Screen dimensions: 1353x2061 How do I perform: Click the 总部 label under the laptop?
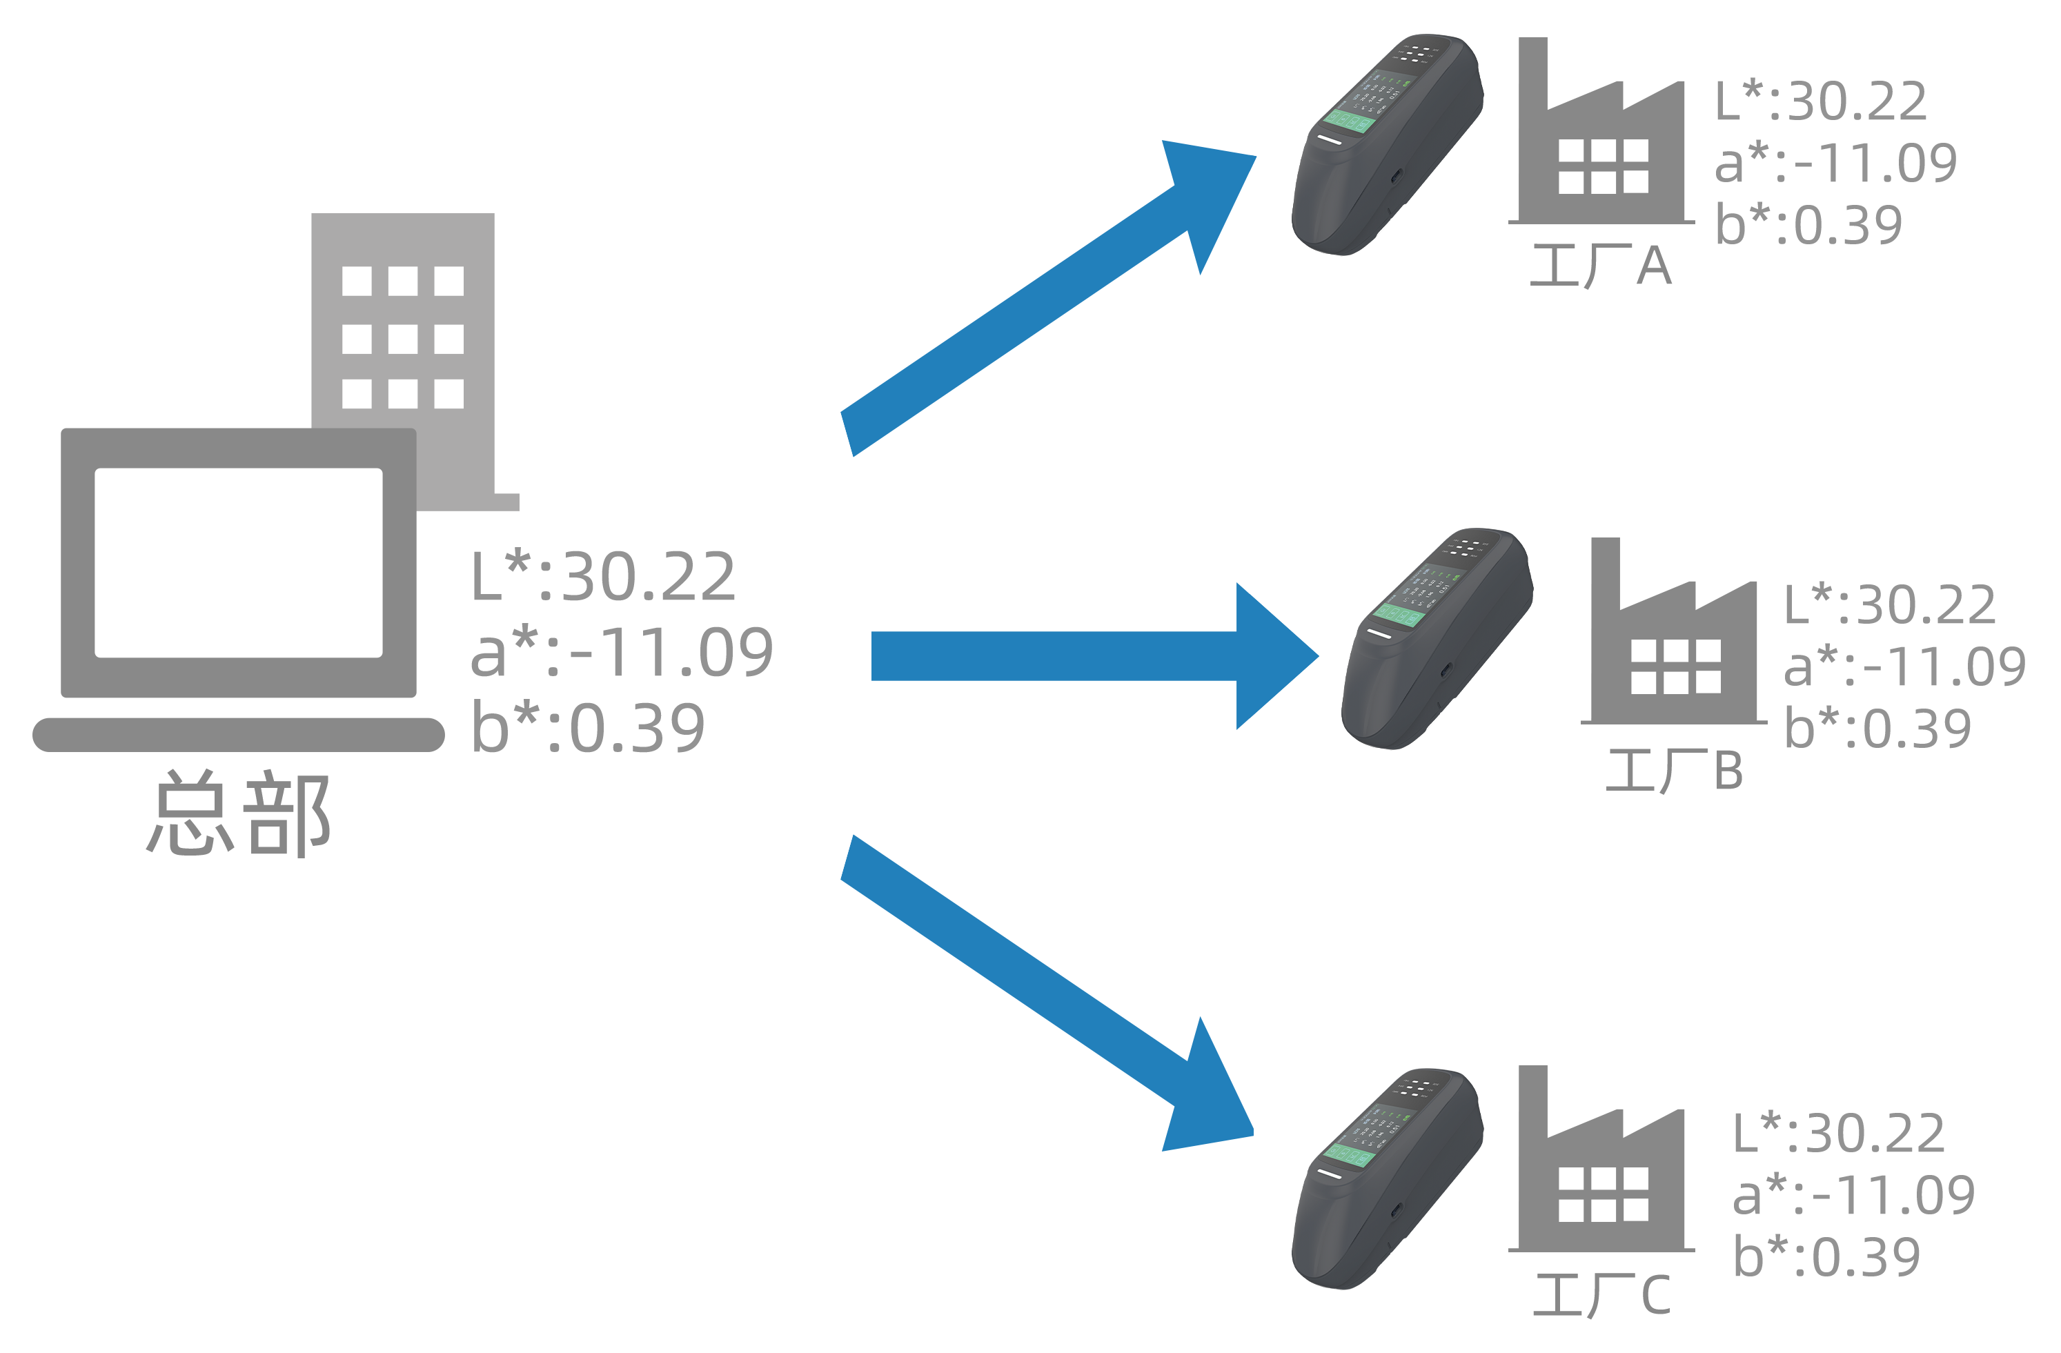tap(238, 813)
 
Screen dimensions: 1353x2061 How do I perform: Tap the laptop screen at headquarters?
tap(238, 562)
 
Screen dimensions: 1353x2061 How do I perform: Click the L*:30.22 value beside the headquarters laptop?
tap(604, 577)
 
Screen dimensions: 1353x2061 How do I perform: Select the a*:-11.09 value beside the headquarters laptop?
tap(621, 652)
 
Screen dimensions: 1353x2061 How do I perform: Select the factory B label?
tap(1672, 770)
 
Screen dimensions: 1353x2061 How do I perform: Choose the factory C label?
tap(1602, 1295)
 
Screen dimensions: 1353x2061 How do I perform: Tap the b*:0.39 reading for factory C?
tap(1827, 1256)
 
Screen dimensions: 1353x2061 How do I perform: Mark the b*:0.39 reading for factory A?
tap(1810, 225)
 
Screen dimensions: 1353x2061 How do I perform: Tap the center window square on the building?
tap(403, 338)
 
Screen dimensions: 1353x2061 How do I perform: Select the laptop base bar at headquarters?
tap(238, 733)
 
